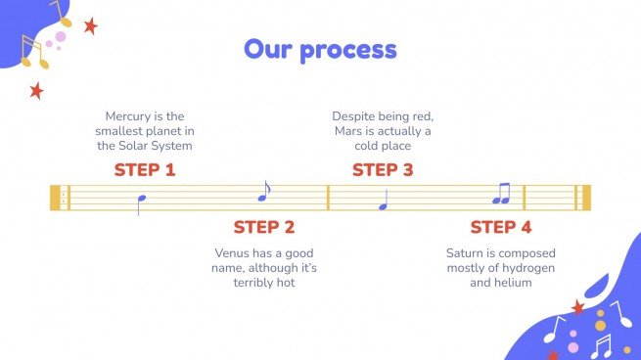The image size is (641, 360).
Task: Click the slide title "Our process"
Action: pos(320,49)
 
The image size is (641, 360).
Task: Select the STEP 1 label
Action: pos(144,169)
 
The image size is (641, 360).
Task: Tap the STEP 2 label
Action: pos(263,227)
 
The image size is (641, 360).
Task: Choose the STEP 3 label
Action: pos(383,169)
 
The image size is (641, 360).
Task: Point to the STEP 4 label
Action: pos(500,227)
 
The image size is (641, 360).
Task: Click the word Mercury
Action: pos(129,114)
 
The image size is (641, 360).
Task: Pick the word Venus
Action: pos(233,252)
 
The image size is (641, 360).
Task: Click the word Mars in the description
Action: pos(350,130)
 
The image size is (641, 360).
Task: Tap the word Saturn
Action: pos(467,252)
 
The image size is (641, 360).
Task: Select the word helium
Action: pos(512,283)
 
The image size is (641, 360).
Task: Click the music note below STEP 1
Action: pos(142,202)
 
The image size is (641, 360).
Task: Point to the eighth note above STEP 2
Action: pos(263,191)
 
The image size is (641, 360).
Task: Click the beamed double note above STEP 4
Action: pos(501,195)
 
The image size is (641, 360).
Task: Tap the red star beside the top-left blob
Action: pos(90,26)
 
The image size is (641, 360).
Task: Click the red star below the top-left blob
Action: pos(36,91)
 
